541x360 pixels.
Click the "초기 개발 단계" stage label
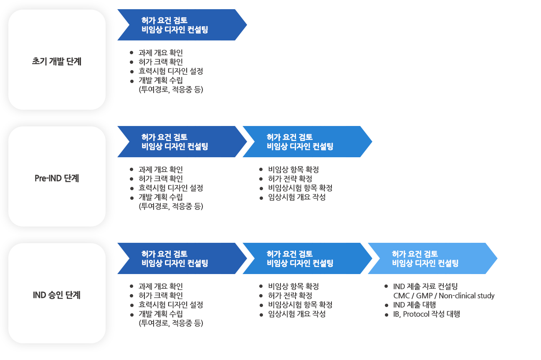tap(57, 61)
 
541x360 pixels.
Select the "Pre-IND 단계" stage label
tap(57, 178)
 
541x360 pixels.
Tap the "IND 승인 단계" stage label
tap(57, 295)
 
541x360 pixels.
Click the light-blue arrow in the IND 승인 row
tap(430, 259)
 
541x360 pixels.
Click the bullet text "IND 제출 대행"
tap(414, 305)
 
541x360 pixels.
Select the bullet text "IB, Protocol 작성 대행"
tap(426, 314)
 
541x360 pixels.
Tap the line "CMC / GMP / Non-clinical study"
tap(441, 296)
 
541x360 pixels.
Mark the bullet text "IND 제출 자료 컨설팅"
tap(425, 287)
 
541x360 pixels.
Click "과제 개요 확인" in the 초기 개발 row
tap(161, 53)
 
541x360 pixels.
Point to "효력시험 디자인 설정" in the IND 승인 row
tap(171, 305)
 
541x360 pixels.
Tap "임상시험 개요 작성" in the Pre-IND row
tap(297, 197)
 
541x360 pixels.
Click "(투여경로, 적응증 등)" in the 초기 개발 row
tap(171, 89)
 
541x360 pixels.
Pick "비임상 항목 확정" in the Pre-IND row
tap(293, 170)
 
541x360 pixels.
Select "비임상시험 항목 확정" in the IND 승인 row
tap(300, 305)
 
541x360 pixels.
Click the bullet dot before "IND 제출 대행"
tap(387, 305)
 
